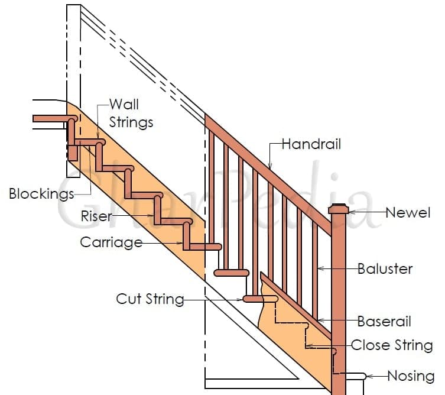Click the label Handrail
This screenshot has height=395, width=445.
coord(311,144)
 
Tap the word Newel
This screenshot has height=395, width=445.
coord(408,212)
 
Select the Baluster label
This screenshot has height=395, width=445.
coord(385,268)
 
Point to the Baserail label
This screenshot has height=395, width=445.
coord(384,322)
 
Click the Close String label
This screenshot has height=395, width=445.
coord(392,345)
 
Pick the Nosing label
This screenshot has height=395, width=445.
coord(411,375)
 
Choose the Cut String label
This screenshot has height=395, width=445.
coord(150,299)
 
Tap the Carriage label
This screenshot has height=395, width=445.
coord(111,242)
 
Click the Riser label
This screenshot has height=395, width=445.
coord(96,216)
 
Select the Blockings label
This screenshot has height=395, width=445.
coord(41,193)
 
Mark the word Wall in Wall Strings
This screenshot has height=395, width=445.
coord(124,105)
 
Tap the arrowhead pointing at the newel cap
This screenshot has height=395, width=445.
coord(350,212)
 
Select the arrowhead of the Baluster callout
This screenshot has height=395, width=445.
coord(320,268)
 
